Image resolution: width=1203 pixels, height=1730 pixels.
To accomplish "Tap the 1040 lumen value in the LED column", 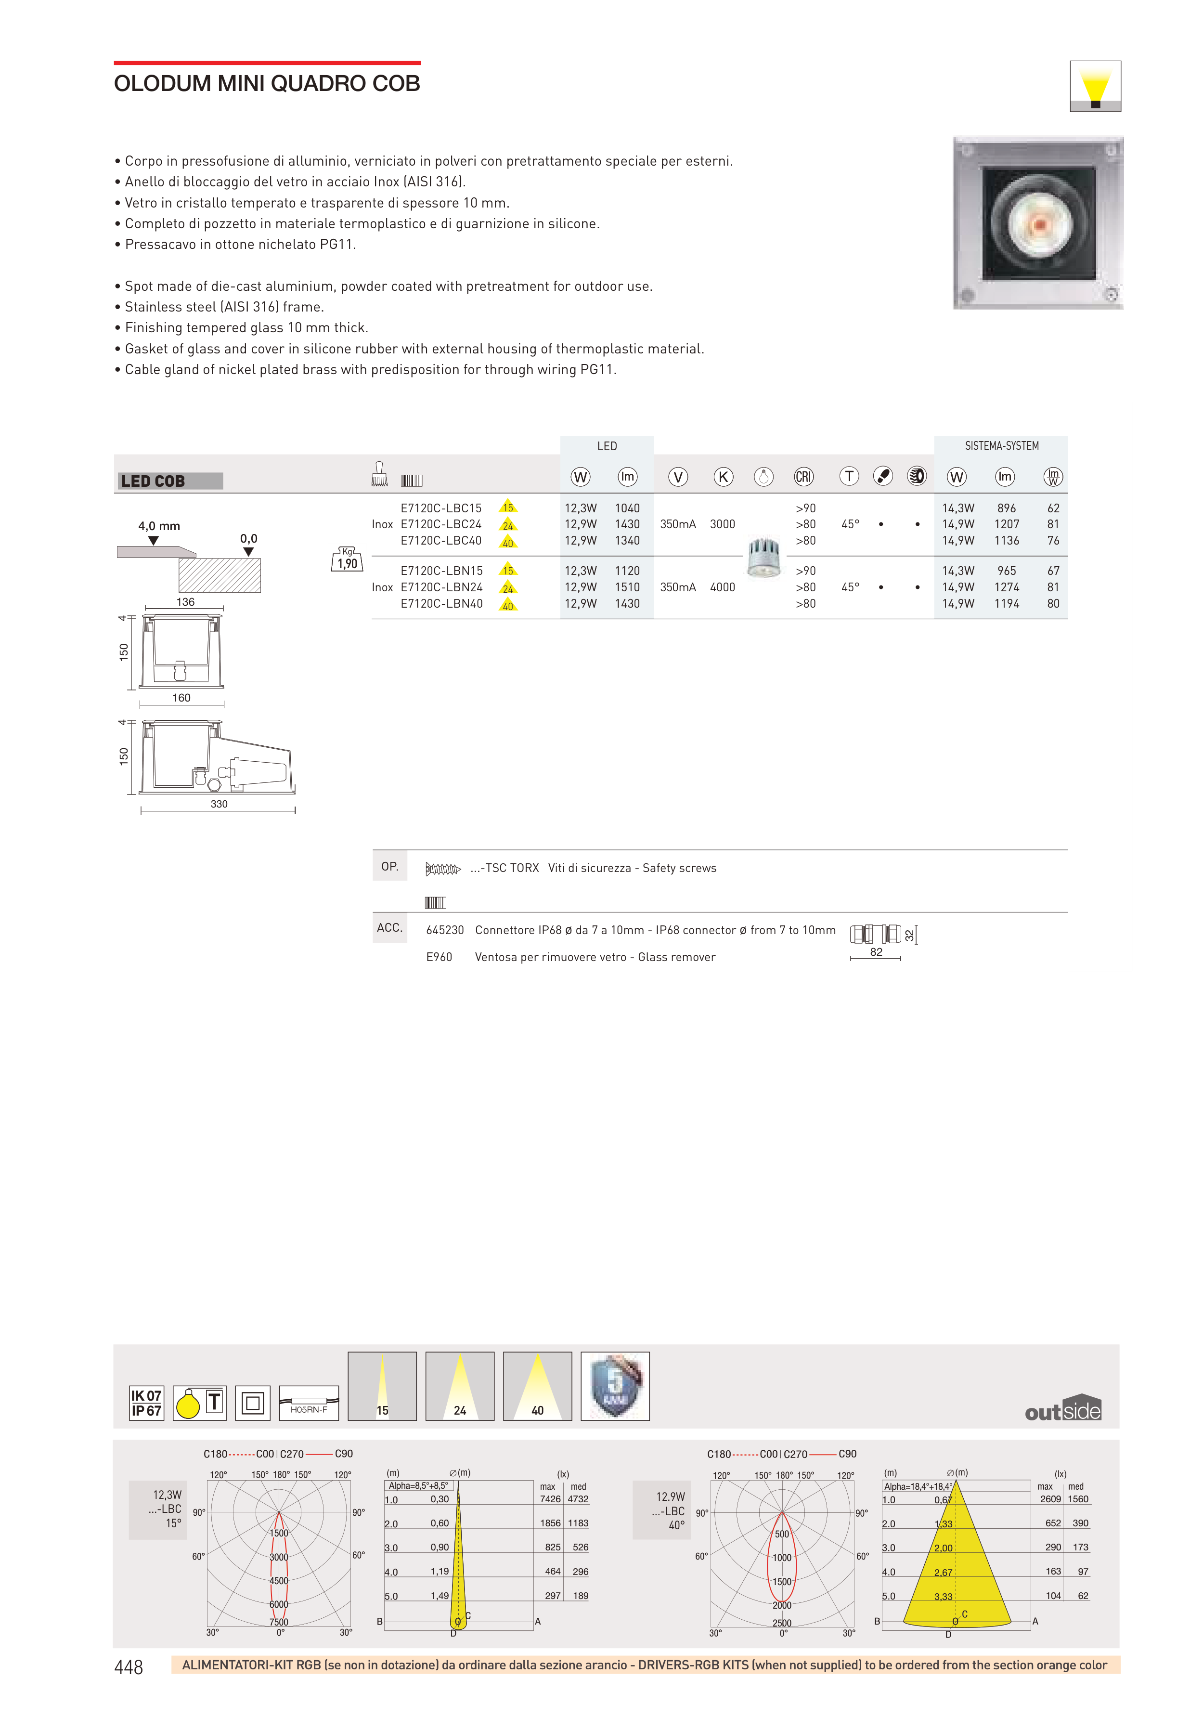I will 627,508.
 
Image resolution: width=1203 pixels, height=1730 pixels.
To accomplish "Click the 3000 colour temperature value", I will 722,524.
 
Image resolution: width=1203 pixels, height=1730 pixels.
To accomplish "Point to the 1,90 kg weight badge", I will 347,560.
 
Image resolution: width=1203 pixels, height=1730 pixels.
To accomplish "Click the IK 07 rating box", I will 146,1395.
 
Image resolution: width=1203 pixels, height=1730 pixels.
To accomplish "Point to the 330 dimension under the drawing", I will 219,804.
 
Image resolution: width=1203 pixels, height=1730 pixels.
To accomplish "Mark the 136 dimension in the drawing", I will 185,602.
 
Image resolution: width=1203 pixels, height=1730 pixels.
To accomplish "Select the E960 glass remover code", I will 439,957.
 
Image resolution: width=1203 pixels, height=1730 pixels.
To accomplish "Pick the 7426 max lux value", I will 550,1499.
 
